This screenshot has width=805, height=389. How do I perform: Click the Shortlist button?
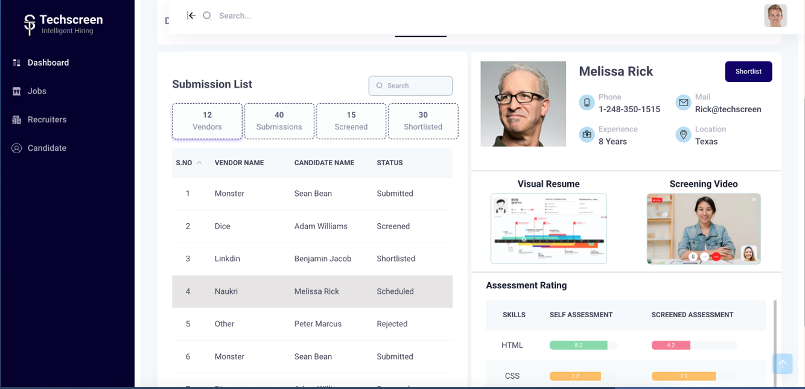coord(748,71)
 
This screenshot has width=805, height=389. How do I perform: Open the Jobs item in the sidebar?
coord(37,91)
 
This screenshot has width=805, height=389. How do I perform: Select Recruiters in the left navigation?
coord(46,119)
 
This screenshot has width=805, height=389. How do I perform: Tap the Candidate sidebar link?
coord(46,148)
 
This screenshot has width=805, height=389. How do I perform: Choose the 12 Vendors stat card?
coord(207,121)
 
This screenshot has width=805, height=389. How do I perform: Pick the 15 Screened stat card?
coord(351,121)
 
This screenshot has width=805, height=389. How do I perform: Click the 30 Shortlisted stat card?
coord(423,121)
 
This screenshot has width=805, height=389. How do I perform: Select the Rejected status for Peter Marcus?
coord(392,324)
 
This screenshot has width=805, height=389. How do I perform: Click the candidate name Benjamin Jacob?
coord(323,259)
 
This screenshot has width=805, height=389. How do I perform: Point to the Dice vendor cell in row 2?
coord(223,226)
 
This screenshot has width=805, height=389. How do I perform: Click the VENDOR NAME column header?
coord(239,163)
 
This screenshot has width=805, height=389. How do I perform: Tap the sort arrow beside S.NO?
coord(199,163)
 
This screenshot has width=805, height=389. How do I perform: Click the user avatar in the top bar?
coord(775,16)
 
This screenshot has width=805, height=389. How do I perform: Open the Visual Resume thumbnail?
coord(549,229)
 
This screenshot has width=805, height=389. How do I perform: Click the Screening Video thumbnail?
coord(704,229)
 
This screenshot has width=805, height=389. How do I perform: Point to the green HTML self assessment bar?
coord(578,346)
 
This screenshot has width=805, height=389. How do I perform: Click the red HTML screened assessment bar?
coord(671,346)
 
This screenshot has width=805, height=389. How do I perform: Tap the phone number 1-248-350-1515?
coord(629,109)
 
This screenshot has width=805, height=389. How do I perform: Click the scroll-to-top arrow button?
coord(782,363)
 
